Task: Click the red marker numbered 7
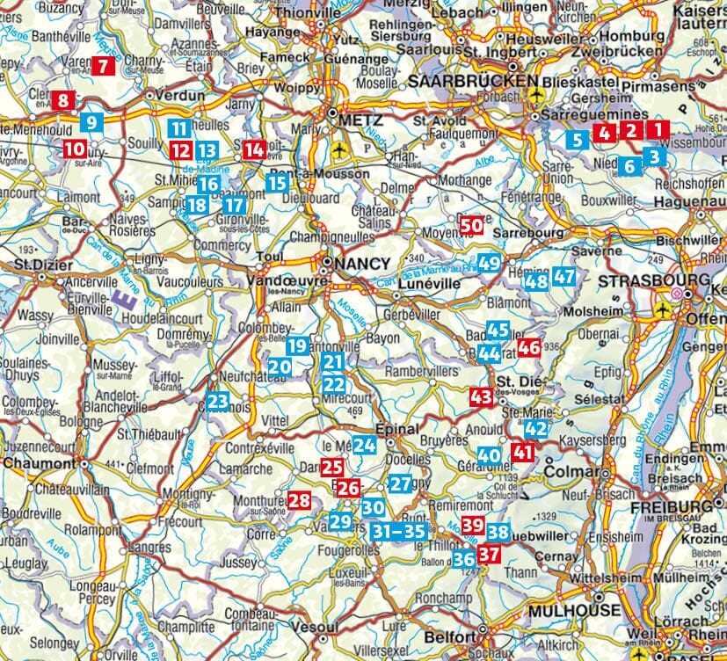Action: [103, 65]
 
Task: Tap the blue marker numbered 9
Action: [91, 122]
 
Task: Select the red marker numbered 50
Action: [471, 225]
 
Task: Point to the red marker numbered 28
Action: [300, 501]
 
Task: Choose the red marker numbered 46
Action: [528, 348]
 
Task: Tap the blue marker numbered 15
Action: [277, 184]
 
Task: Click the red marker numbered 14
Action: [254, 149]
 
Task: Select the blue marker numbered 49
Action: [491, 262]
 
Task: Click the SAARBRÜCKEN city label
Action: [473, 81]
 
